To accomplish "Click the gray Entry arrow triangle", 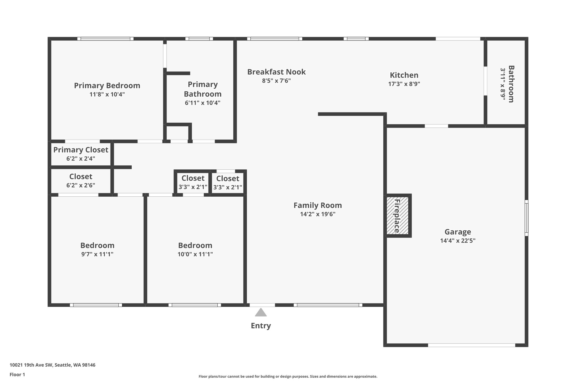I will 261,313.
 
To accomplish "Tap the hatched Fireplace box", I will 397,215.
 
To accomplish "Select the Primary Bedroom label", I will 107,86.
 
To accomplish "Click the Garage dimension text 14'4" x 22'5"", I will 458,241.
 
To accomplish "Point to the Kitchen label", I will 404,75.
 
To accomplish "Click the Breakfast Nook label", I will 276,72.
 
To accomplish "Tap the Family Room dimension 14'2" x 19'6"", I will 318,214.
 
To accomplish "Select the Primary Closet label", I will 81,150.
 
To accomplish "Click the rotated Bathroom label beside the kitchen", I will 511,84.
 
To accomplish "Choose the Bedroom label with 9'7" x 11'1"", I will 97,245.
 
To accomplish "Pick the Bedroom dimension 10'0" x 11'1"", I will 195,254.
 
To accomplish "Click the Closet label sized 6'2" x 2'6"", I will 81,177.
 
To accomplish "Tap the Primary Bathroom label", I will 202,89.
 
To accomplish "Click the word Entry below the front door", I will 261,326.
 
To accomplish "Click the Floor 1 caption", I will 17,374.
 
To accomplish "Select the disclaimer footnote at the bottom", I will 288,376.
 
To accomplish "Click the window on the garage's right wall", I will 526,218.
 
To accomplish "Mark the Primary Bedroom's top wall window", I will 105,39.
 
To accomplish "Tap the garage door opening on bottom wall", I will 471,345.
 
